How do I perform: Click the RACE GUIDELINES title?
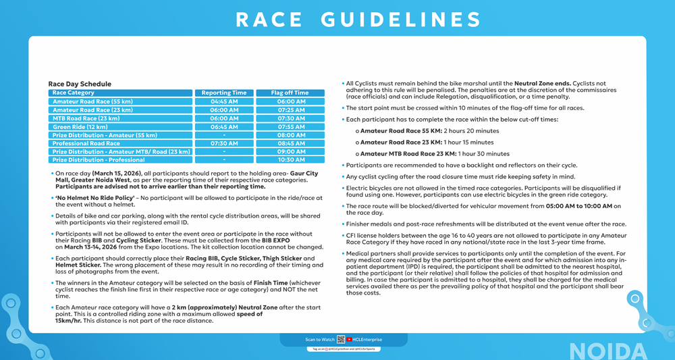(x=358, y=20)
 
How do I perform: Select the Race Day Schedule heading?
(x=80, y=84)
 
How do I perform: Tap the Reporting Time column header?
(x=224, y=93)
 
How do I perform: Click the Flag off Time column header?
(x=290, y=93)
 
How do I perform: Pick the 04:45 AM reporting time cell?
(x=224, y=102)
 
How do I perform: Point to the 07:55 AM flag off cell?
(x=290, y=127)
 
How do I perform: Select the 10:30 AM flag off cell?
(x=290, y=160)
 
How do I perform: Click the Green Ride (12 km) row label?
(x=80, y=127)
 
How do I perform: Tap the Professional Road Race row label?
(x=86, y=143)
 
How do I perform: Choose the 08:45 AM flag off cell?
(x=290, y=143)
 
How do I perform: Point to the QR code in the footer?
(x=341, y=340)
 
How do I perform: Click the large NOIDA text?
(x=608, y=351)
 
